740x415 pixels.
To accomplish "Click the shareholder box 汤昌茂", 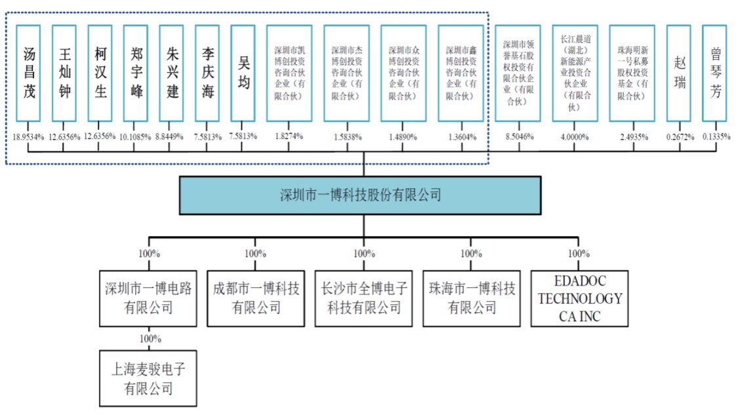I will pos(28,73).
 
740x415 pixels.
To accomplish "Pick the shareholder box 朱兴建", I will pos(172,73).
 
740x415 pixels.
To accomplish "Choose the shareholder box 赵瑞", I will pos(678,73).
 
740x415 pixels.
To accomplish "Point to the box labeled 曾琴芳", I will pos(714,73).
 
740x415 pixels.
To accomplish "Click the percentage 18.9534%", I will pos(28,136).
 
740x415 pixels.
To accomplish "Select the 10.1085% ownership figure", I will pos(136,136).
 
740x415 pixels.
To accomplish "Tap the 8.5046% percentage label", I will pos(518,136).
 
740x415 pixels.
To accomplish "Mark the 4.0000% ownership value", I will pos(575,136).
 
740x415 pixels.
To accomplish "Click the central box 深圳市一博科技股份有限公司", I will pos(360,195).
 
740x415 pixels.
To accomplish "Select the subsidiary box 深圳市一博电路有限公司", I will pos(148,298).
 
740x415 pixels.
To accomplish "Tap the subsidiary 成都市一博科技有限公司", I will pos(256,298).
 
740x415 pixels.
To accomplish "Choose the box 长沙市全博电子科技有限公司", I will pos(363,298).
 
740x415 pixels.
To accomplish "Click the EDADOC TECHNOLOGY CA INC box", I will pos(579,298).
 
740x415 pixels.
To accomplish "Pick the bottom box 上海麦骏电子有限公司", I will pos(148,379).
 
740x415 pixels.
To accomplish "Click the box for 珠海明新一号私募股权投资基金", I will pos(632,73).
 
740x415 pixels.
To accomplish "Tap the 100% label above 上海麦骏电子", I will pos(150,339).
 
